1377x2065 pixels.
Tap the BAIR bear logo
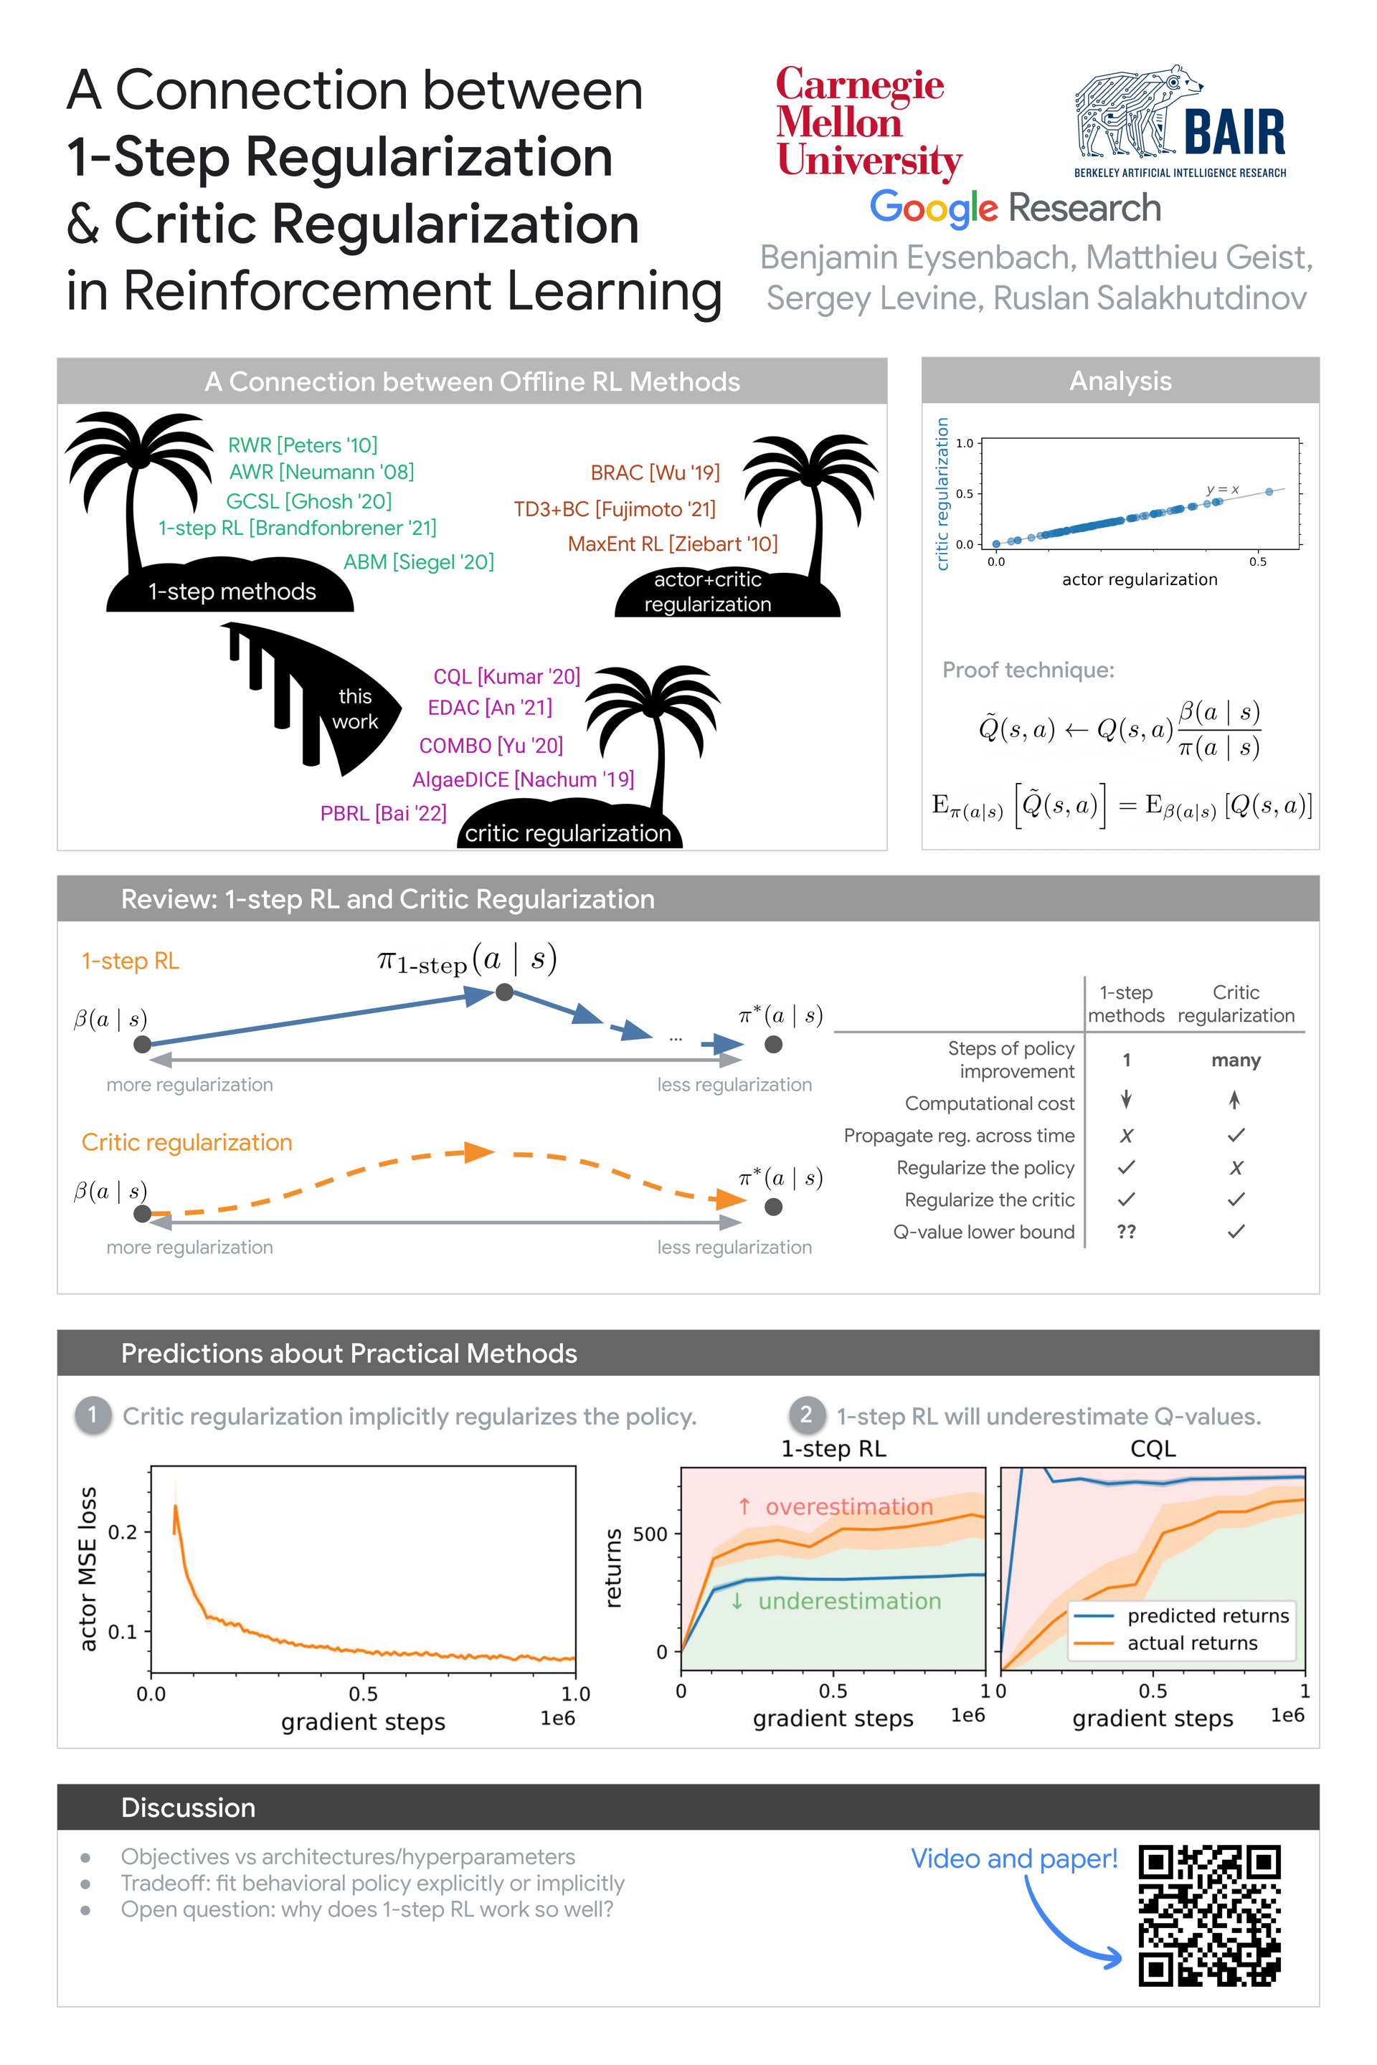pyautogui.click(x=1179, y=121)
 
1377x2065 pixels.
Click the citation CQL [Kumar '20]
pyautogui.click(x=507, y=676)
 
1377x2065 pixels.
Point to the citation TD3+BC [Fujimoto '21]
pyautogui.click(x=615, y=509)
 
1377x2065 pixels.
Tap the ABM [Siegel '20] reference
pyautogui.click(x=419, y=562)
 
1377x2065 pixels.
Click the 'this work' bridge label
pyautogui.click(x=355, y=708)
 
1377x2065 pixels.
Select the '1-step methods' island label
pyautogui.click(x=232, y=592)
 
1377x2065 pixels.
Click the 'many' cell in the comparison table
pyautogui.click(x=1236, y=1060)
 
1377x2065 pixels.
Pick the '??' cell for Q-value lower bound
pyautogui.click(x=1126, y=1232)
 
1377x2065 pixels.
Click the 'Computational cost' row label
pyautogui.click(x=989, y=1103)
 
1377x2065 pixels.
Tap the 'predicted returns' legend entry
pyautogui.click(x=1208, y=1615)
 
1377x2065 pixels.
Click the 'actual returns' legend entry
pyautogui.click(x=1192, y=1643)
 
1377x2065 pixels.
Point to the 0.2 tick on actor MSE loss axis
pyautogui.click(x=123, y=1532)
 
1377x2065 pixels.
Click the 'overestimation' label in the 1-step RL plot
pyautogui.click(x=848, y=1506)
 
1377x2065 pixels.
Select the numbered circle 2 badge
pyautogui.click(x=806, y=1415)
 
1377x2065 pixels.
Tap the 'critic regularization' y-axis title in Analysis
pyautogui.click(x=943, y=493)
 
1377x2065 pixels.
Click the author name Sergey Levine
pyautogui.click(x=873, y=298)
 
